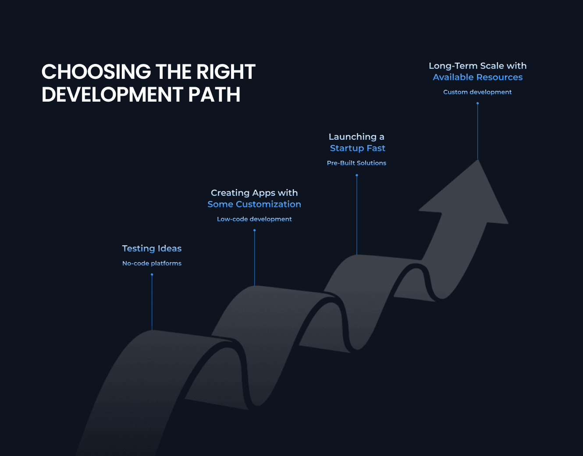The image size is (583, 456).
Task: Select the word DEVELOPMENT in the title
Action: coord(112,95)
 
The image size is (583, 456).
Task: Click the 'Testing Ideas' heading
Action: coord(152,248)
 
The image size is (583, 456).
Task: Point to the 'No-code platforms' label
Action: coord(152,263)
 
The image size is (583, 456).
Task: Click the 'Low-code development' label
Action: coord(254,219)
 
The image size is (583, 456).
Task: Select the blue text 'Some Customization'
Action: coord(254,204)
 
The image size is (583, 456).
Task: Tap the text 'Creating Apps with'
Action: coord(254,193)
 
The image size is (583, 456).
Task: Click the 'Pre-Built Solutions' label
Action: coord(356,163)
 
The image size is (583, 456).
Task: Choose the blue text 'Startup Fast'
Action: coord(358,148)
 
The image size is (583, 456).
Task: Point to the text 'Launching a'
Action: coord(356,137)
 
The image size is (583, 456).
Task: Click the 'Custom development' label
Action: coord(477,92)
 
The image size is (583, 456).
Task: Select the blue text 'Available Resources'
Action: coord(478,77)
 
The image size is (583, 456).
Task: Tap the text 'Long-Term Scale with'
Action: coord(478,66)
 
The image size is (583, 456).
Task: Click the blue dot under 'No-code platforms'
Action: coord(152,275)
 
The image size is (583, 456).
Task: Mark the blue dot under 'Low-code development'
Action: coord(255,230)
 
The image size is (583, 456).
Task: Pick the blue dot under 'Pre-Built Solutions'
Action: coord(357,175)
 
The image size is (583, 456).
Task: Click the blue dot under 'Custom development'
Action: coord(478,103)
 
